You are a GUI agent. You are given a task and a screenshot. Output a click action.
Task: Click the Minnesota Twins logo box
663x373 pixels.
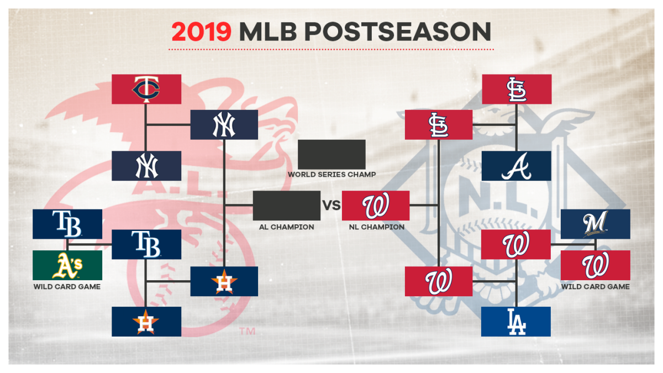pyautogui.click(x=146, y=89)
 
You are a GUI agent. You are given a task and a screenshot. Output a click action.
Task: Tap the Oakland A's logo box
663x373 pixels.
pyautogui.click(x=67, y=265)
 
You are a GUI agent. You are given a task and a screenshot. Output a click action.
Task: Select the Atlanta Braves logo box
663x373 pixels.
pyautogui.click(x=517, y=166)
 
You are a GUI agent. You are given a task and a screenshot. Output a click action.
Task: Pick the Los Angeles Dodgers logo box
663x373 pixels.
pyautogui.click(x=516, y=322)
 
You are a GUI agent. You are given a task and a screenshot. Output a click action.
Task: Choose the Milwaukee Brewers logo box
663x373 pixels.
pyautogui.click(x=596, y=224)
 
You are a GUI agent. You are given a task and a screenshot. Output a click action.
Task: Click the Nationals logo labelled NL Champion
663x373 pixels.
pyautogui.click(x=376, y=206)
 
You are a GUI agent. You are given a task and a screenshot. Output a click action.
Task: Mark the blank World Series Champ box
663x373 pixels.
pyautogui.click(x=331, y=155)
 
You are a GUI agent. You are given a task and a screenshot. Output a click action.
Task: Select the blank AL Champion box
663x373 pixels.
pyautogui.click(x=287, y=206)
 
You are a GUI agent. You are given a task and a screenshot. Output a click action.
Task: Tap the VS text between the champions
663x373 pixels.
pyautogui.click(x=331, y=206)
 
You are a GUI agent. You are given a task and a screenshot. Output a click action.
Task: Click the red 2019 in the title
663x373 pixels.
pyautogui.click(x=201, y=31)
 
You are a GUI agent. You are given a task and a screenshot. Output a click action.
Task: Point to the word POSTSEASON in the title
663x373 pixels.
pyautogui.click(x=398, y=31)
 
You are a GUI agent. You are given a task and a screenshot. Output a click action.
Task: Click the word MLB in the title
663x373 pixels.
pyautogui.click(x=268, y=31)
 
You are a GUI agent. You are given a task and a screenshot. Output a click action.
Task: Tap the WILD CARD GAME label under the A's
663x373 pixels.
pyautogui.click(x=67, y=287)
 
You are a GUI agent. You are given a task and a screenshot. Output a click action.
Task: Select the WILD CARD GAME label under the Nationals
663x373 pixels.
pyautogui.click(x=596, y=287)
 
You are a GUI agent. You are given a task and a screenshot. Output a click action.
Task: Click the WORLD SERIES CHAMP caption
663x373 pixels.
pyautogui.click(x=332, y=175)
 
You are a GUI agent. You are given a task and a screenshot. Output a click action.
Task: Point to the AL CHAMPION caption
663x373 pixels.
pyautogui.click(x=287, y=227)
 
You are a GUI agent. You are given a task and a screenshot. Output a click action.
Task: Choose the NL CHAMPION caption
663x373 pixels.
pyautogui.click(x=377, y=227)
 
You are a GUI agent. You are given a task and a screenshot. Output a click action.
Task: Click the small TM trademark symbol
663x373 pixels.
pyautogui.click(x=247, y=331)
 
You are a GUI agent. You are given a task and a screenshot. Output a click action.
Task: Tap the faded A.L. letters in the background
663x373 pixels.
pyautogui.click(x=177, y=187)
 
